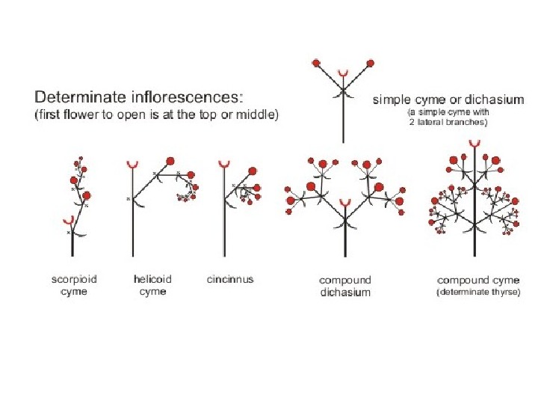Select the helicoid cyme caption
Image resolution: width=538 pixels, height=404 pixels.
152,285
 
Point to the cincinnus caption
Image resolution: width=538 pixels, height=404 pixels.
230,280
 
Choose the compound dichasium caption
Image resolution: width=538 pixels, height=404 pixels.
345,286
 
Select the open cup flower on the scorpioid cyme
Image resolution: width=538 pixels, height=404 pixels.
69,221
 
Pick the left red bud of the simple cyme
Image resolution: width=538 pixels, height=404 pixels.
317,62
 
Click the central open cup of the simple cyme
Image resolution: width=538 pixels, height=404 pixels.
343,74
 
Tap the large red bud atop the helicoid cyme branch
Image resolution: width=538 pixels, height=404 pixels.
170,160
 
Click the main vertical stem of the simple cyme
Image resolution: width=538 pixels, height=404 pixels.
343,120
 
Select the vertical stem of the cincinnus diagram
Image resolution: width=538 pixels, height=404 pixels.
223,217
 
